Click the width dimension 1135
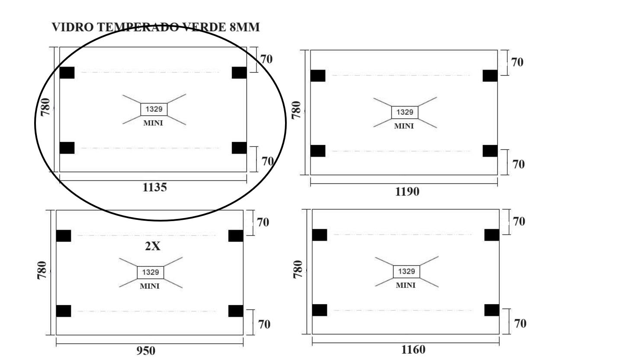click(154, 187)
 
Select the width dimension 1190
click(407, 191)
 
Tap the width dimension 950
click(146, 350)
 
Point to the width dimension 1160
click(413, 349)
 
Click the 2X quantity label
click(152, 246)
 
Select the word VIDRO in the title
click(72, 27)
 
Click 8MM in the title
click(244, 27)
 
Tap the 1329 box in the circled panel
click(154, 109)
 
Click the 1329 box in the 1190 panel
click(404, 112)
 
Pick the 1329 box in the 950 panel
click(150, 272)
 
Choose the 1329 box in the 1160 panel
click(406, 271)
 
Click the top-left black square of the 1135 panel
click(67, 73)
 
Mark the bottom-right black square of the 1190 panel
click(490, 151)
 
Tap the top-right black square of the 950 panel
click(236, 236)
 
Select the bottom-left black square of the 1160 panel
click(320, 310)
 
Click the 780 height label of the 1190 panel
click(296, 110)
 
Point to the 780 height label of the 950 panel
click(42, 270)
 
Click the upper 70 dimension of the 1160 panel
click(519, 222)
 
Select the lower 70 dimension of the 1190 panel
click(518, 164)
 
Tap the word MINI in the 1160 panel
click(405, 285)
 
